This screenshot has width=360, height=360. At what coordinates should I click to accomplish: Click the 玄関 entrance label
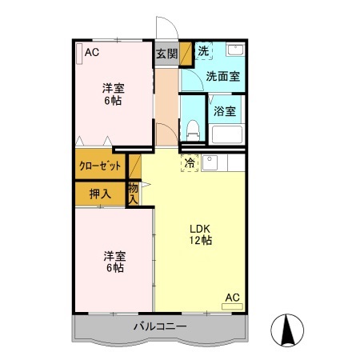tap(166, 54)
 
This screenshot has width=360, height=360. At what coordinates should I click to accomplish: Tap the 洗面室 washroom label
tap(223, 77)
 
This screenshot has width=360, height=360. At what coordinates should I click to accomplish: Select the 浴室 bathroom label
tap(225, 111)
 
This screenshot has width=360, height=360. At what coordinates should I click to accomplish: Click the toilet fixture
tap(193, 130)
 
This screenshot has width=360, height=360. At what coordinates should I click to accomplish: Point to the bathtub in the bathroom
tap(227, 134)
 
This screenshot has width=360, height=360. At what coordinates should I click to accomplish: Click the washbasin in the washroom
tap(235, 50)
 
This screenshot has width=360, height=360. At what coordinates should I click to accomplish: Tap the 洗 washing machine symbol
tap(204, 50)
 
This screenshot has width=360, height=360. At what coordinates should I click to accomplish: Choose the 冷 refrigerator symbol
tap(190, 163)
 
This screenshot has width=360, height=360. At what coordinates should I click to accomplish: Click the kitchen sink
tap(210, 163)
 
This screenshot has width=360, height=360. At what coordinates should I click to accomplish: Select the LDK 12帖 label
tap(201, 234)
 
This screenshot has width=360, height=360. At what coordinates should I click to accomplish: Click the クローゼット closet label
tap(100, 166)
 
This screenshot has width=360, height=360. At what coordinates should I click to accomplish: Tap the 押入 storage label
tap(100, 194)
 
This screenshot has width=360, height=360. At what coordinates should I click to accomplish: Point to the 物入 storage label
tap(133, 194)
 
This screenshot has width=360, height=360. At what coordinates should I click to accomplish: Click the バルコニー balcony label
tap(160, 326)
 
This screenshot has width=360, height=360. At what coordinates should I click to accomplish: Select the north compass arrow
tap(287, 330)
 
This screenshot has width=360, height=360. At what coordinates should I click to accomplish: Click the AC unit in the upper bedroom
tap(79, 54)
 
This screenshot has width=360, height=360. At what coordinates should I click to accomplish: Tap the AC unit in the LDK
tap(232, 306)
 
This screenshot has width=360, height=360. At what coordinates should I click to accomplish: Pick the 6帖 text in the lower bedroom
tap(115, 268)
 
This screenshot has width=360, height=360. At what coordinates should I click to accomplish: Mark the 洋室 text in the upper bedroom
tap(114, 88)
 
